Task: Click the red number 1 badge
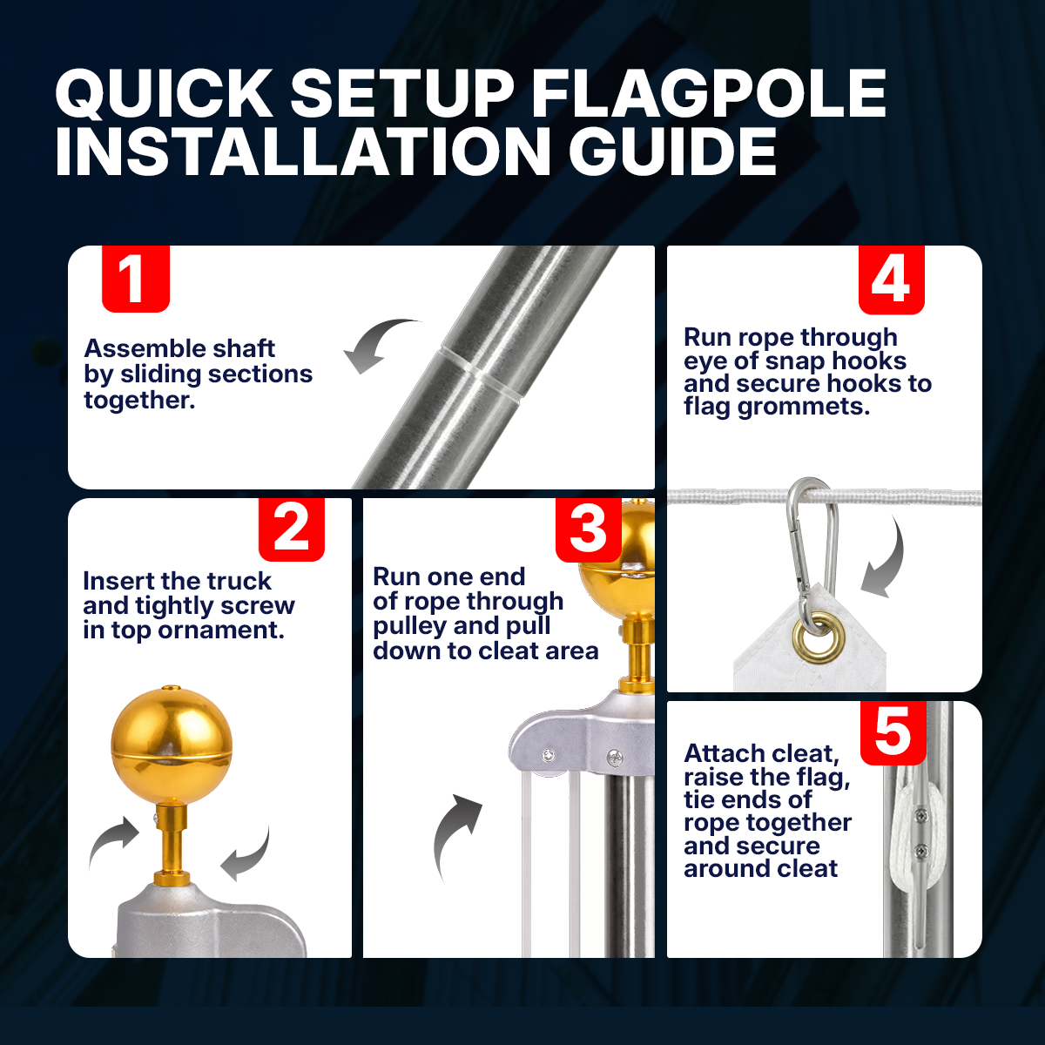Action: [136, 279]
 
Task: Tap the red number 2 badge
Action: [291, 529]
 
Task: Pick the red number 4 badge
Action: [892, 280]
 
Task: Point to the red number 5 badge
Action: [893, 732]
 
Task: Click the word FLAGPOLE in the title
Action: [709, 94]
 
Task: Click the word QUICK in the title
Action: [164, 94]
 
